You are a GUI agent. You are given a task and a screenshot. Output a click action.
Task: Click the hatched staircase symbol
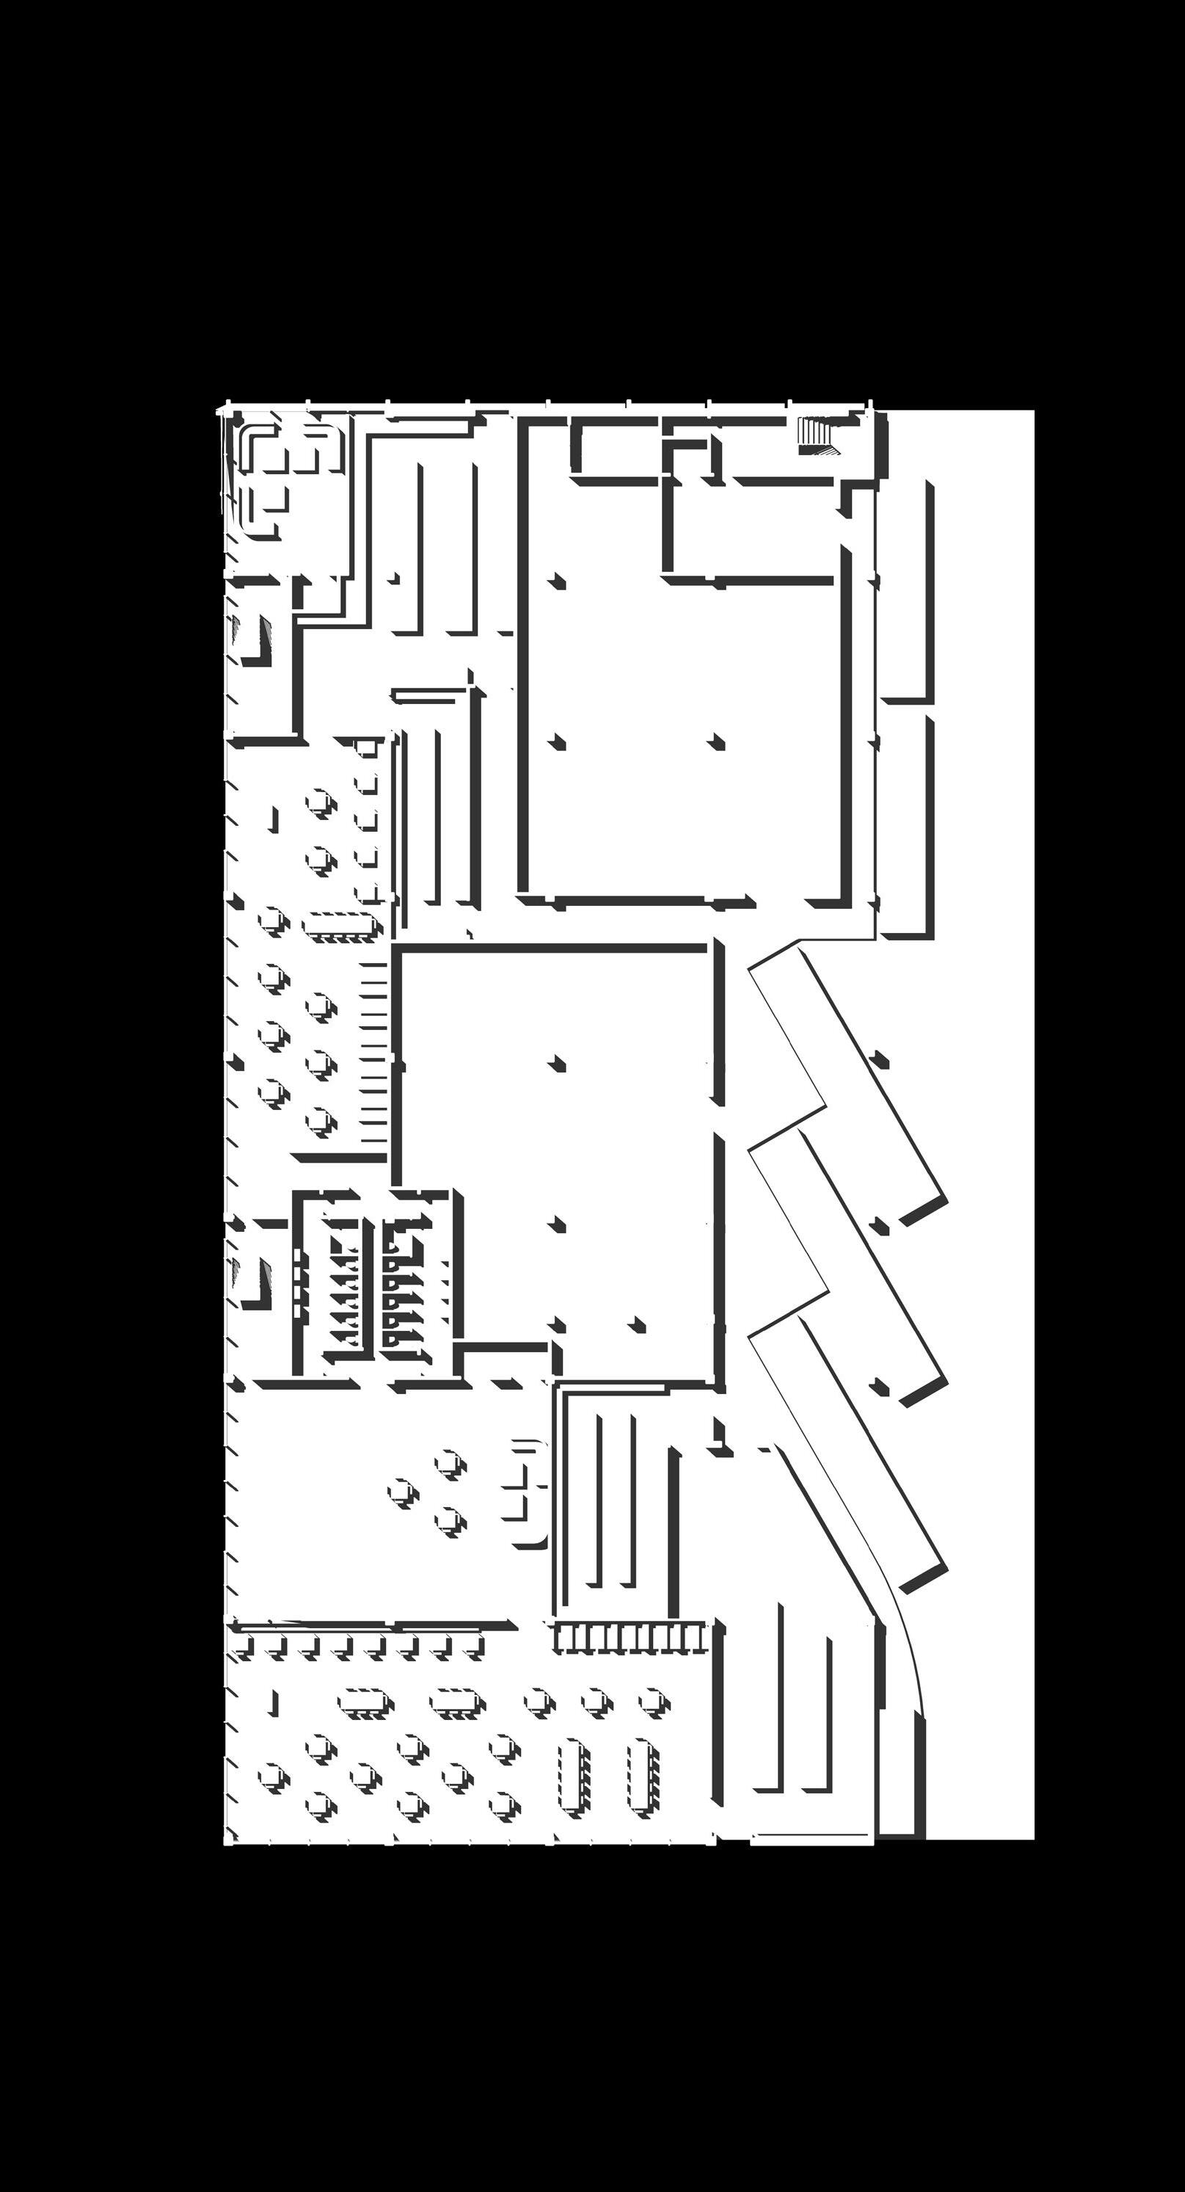pos(817,432)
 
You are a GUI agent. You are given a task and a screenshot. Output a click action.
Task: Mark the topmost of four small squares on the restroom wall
pos(296,1255)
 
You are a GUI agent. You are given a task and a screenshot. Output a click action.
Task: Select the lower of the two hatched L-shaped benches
pos(253,1282)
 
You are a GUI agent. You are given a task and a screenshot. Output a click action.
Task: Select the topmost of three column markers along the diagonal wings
pos(880,1060)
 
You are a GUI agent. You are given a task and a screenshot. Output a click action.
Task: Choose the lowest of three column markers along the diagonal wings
pos(880,1388)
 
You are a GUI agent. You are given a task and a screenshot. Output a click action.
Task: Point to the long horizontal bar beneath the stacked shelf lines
pos(342,1159)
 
